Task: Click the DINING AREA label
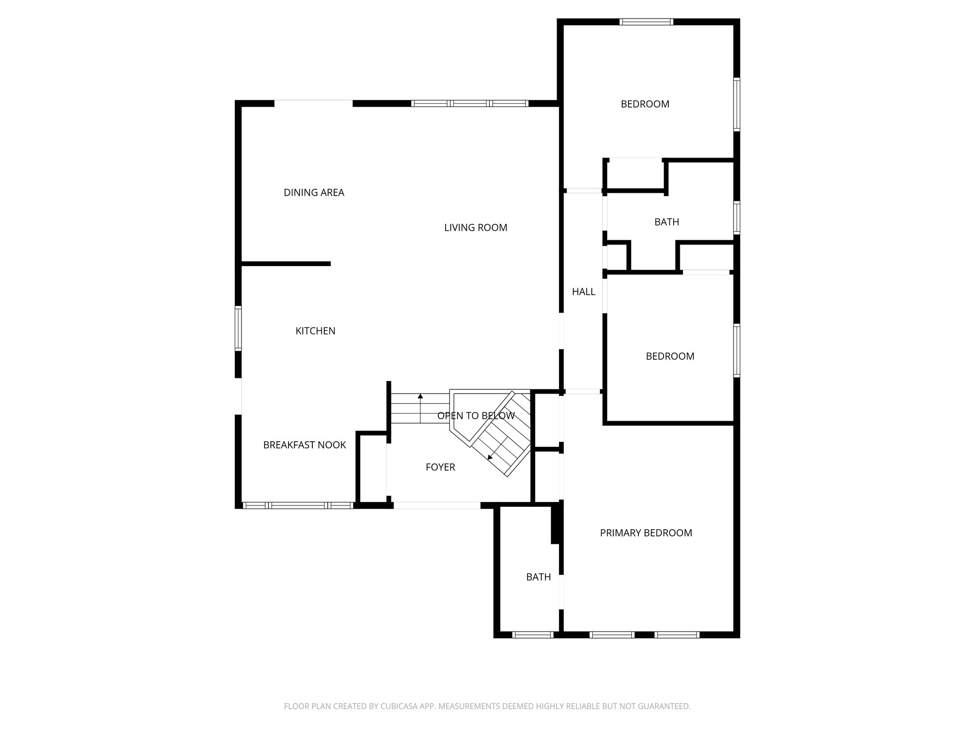pos(314,193)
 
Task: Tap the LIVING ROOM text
pos(476,228)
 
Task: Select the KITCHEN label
pos(315,331)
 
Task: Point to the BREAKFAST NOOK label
pos(304,445)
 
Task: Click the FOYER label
pos(440,467)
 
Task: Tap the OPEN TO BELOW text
pos(476,416)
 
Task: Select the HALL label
pos(583,292)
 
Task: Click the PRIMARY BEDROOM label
pos(646,533)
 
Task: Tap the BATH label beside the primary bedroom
pos(538,577)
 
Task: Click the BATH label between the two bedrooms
pos(667,222)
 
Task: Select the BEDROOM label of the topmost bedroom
pos(645,104)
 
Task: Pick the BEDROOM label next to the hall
pos(669,356)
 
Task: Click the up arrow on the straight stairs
pos(420,396)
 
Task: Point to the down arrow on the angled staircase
pos(490,457)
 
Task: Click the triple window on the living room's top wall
pos(469,103)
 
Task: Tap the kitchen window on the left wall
pos(238,329)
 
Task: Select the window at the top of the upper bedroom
pos(646,21)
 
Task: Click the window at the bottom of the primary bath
pos(532,634)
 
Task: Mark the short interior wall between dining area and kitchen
pos(286,264)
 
